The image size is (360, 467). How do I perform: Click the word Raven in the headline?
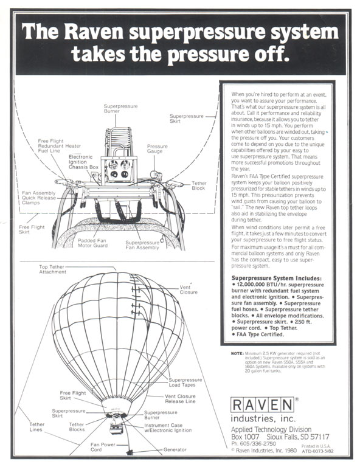coord(94,32)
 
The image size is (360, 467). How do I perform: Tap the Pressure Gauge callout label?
coord(157,148)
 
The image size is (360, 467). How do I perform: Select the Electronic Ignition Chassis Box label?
coord(83,162)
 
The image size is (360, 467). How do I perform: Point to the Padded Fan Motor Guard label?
coord(92,243)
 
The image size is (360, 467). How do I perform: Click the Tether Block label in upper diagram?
coord(199,185)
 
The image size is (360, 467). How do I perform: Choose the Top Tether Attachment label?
coord(52,269)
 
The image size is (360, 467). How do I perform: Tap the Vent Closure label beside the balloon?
coord(188,289)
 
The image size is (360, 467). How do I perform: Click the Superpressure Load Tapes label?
coord(185,382)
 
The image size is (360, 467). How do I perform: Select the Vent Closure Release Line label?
coord(180,399)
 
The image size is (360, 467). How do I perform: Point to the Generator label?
coord(175,449)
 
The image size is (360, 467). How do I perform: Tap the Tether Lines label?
coord(36,427)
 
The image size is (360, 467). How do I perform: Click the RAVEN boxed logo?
coord(262,405)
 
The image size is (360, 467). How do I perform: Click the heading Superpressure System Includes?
coord(276,278)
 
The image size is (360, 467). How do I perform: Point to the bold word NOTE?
coord(237,353)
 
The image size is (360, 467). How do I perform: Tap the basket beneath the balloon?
coord(116,428)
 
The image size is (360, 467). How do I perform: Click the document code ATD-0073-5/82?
coord(317,451)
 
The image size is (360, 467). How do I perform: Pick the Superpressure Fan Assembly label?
coord(142,245)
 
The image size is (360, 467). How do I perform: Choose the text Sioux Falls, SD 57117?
coord(298,437)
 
